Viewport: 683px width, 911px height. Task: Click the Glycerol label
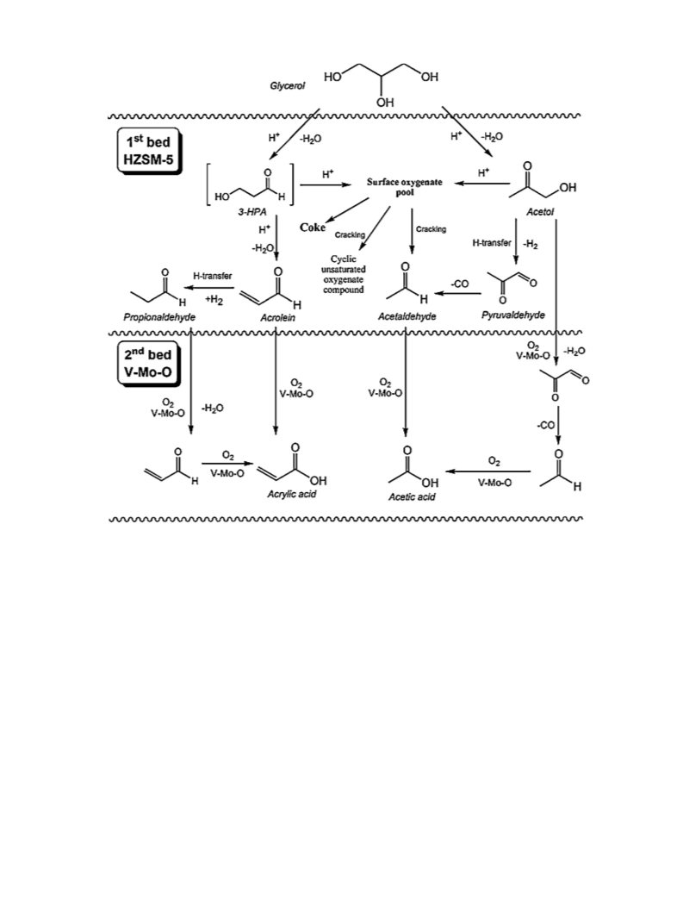[288, 86]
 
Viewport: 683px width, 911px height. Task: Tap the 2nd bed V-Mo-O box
[149, 364]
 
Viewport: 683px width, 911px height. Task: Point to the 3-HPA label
[252, 213]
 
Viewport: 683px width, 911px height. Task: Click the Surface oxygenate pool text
[404, 186]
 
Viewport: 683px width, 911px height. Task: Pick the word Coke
[313, 228]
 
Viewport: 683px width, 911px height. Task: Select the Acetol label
[540, 212]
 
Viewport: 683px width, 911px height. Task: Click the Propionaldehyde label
[159, 316]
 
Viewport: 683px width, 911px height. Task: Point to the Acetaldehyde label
[407, 316]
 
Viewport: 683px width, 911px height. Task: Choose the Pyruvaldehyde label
[512, 315]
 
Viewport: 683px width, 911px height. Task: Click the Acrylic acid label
[291, 494]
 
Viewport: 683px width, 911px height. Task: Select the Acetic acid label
[412, 496]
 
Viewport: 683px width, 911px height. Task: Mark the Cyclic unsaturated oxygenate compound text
[344, 274]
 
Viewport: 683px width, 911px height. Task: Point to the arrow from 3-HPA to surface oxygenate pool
[326, 184]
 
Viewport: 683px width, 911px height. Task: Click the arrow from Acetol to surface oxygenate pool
[482, 184]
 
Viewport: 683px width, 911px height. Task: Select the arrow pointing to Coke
[347, 210]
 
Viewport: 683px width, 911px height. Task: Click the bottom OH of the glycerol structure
[385, 103]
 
